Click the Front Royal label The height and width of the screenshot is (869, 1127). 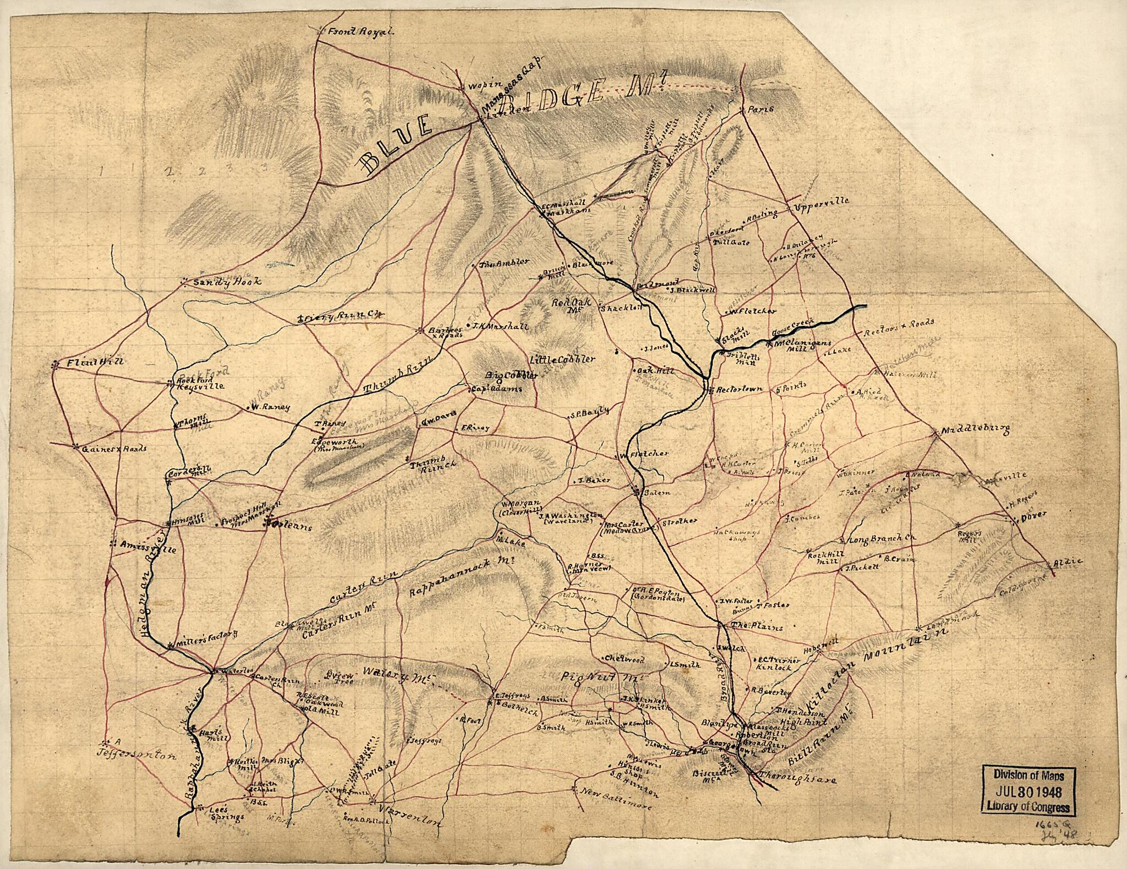click(x=360, y=32)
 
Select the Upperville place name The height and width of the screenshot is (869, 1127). click(x=822, y=201)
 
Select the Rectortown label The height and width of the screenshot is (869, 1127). click(x=740, y=389)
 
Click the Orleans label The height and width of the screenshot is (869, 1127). click(x=292, y=527)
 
